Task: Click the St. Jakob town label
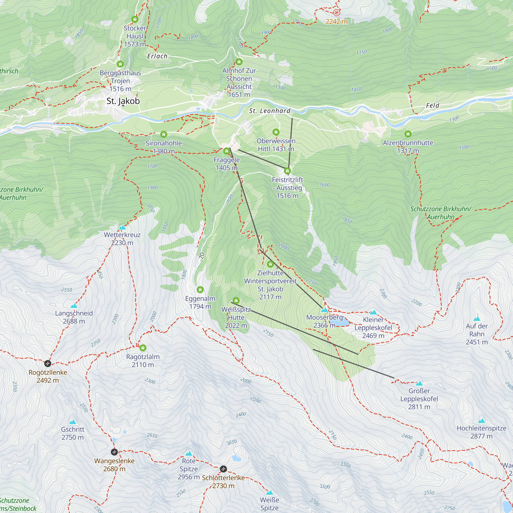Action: click(123, 101)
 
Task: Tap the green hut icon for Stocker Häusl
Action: click(135, 19)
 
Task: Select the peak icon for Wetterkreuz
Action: click(122, 227)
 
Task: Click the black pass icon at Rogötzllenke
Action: click(47, 363)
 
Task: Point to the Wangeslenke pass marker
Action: click(114, 452)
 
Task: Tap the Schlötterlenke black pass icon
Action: click(223, 469)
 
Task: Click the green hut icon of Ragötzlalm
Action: click(143, 348)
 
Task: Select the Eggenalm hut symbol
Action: click(200, 289)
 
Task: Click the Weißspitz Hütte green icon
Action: click(236, 301)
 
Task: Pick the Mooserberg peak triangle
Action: click(324, 310)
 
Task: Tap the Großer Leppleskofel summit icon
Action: click(419, 383)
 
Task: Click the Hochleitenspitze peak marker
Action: click(481, 421)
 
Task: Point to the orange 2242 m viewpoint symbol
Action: click(337, 13)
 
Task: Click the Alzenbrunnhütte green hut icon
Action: click(408, 134)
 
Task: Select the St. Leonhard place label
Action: click(270, 111)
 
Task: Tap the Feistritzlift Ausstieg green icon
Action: click(287, 171)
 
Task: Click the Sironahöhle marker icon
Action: click(164, 134)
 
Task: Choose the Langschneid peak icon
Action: click(74, 306)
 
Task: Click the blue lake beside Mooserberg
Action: click(342, 322)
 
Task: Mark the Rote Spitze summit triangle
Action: click(189, 453)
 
